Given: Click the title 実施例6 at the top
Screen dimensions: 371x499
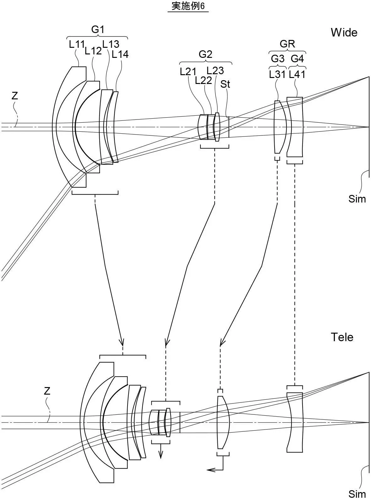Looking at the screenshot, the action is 188,6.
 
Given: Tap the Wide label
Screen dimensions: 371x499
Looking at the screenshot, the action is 344,33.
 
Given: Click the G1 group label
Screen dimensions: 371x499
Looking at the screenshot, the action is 98,30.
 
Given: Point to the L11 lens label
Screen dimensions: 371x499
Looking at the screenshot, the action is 77,44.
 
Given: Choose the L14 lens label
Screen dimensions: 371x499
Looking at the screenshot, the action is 120,54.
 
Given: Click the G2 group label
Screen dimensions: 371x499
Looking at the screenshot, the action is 205,54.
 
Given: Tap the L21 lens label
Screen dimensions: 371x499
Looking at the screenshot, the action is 188,72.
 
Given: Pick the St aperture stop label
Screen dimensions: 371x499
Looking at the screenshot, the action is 225,84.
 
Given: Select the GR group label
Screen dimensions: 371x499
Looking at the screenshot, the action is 287,44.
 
